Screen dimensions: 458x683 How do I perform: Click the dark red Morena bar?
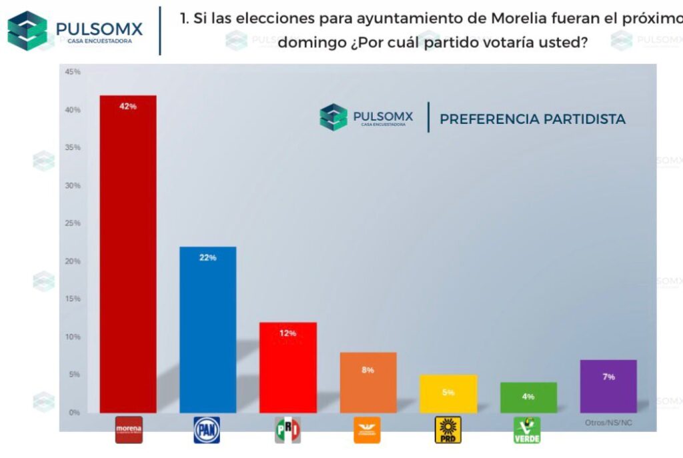click(x=127, y=253)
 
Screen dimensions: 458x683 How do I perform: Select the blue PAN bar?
click(x=207, y=329)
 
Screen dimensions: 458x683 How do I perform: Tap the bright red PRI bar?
click(x=287, y=367)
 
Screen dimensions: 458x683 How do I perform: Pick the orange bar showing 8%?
click(x=368, y=383)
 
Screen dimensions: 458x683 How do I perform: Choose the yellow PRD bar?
click(x=448, y=394)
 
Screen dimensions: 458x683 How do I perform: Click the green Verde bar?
click(x=528, y=397)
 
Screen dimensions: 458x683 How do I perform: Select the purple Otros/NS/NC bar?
click(x=608, y=387)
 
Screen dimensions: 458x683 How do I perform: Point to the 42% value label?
click(x=127, y=106)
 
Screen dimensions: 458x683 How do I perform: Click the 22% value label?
click(x=207, y=257)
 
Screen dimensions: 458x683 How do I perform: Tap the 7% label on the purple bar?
click(x=608, y=377)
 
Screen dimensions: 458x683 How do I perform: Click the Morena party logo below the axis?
click(x=128, y=430)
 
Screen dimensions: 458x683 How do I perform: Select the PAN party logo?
click(x=207, y=430)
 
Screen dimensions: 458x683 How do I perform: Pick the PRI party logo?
click(x=287, y=430)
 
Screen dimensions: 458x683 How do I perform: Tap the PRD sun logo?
click(x=448, y=430)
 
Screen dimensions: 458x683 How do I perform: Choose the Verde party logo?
click(x=527, y=431)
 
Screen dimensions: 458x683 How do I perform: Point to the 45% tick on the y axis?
click(x=73, y=72)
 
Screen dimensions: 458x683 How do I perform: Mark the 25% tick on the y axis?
click(x=73, y=223)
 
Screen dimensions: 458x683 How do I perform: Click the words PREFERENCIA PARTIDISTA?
click(x=532, y=119)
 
